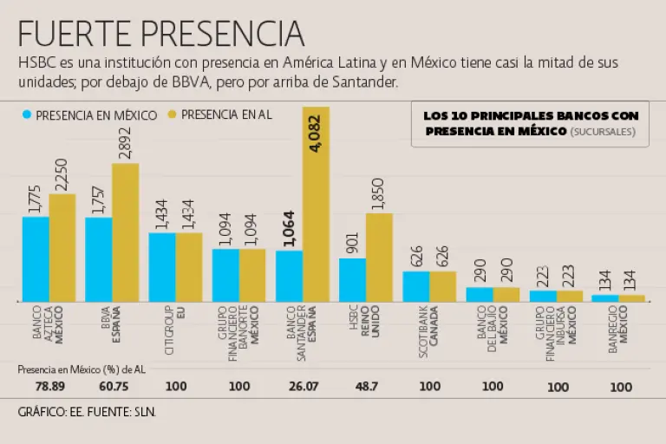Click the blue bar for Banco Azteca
point(36,258)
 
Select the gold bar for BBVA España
point(125,232)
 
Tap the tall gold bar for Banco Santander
point(316,204)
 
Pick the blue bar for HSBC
point(352,279)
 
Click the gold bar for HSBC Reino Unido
point(379,257)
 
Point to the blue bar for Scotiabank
point(416,286)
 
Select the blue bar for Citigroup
point(162,266)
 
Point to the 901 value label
point(353,242)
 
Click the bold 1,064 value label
point(289,229)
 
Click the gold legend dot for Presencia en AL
point(172,114)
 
